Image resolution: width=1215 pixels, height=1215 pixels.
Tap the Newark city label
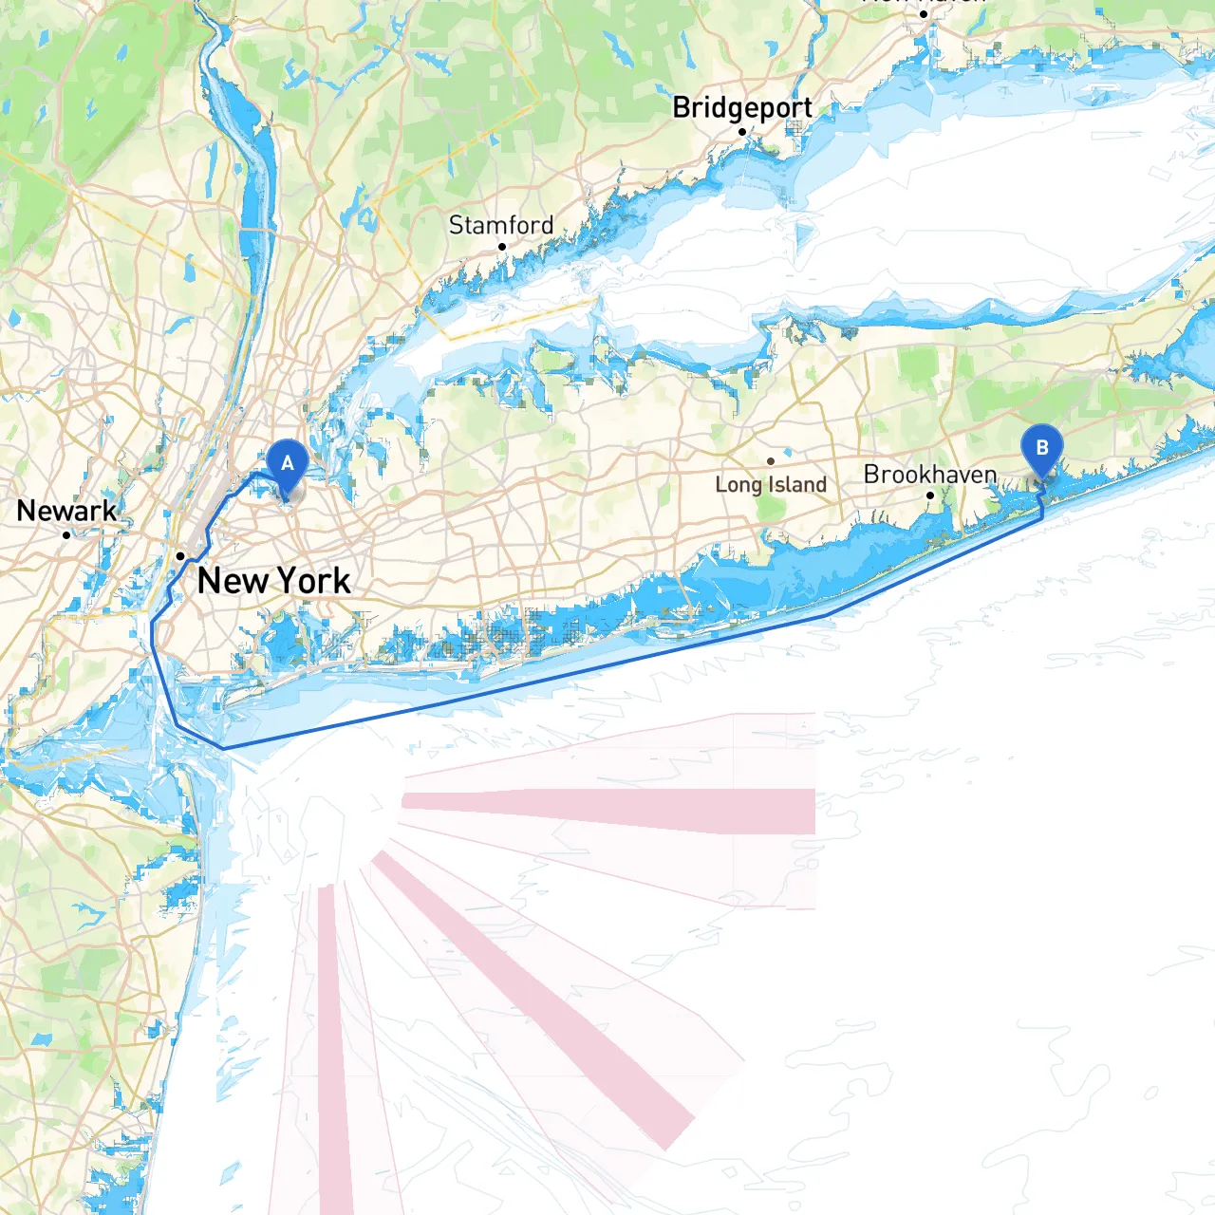pos(66,511)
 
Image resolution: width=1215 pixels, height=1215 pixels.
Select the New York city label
pos(273,580)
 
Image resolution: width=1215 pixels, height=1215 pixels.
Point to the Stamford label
pos(500,225)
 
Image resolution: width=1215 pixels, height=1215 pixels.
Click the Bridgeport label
pos(742,108)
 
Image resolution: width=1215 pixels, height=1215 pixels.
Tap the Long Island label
pos(771,485)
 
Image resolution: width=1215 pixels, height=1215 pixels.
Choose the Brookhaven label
pos(930,474)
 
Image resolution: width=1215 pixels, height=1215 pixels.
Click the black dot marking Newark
pos(66,535)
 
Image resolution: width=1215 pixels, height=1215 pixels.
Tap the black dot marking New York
pos(180,556)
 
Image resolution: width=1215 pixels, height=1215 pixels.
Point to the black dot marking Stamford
pos(502,247)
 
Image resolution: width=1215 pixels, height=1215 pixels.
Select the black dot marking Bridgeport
pos(742,132)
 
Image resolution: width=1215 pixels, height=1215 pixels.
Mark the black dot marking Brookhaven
pos(930,495)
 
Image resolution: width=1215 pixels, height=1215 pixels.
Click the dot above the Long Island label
pos(771,462)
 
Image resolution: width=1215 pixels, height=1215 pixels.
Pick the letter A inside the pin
pos(287,463)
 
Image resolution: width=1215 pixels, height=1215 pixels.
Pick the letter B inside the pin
pos(1041,447)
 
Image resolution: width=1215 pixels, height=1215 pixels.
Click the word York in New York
pos(313,580)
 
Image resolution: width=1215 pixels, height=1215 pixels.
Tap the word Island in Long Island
pos(797,485)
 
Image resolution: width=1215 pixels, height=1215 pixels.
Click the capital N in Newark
pos(27,511)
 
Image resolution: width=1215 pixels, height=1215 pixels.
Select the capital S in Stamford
pos(456,225)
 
